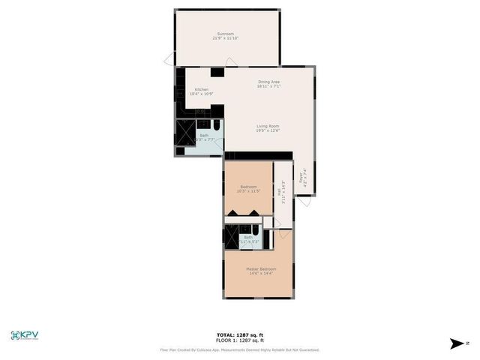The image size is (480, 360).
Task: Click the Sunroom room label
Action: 226,34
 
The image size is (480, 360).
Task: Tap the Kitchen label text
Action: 191,89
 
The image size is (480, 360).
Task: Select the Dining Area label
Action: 268,82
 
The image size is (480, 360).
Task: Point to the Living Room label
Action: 268,126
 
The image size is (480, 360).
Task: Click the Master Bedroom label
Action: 261,268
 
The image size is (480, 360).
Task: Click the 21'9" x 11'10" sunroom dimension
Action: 226,38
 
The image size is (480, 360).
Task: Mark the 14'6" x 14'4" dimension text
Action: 261,273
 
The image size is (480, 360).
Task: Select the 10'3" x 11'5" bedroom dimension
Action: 248,191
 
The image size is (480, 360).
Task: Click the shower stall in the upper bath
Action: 184,132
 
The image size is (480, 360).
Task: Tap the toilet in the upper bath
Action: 217,124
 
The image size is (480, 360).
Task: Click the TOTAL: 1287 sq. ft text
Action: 240,334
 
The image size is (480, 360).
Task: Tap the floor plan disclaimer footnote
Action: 240,349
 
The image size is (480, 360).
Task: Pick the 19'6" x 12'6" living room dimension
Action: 268,131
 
